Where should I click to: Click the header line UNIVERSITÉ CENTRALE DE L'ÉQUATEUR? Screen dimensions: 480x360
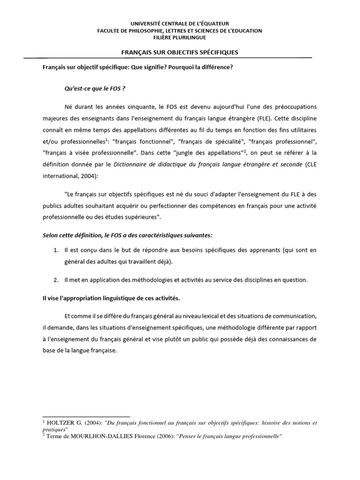(180, 23)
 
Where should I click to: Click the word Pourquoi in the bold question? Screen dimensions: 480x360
(177, 67)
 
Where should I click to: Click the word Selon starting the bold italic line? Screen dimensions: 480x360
(51, 234)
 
